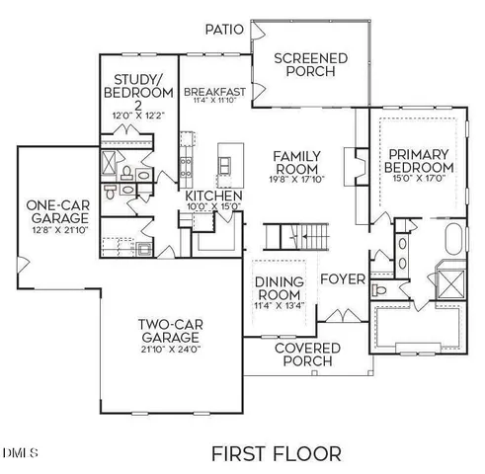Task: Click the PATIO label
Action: (x=225, y=30)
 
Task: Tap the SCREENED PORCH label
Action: (x=310, y=65)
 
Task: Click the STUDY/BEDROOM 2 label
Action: (x=138, y=92)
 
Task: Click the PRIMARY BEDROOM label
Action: (x=418, y=162)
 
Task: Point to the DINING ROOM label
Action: (x=280, y=288)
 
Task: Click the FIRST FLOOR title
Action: (x=277, y=453)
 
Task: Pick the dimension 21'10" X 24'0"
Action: (x=169, y=349)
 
